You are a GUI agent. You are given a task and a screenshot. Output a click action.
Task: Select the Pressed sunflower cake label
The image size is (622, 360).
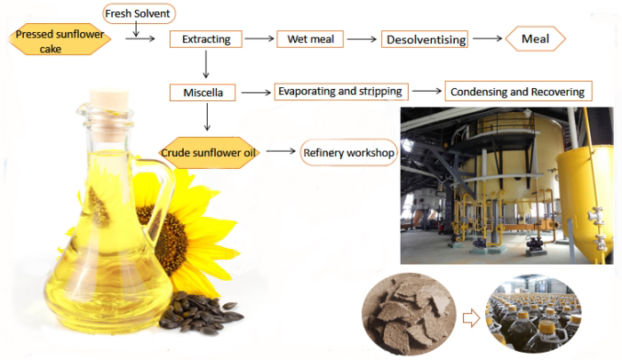tap(59, 40)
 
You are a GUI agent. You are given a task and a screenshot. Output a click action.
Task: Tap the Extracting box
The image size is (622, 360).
tap(205, 39)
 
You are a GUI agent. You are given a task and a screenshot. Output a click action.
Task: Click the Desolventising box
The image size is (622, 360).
tap(424, 39)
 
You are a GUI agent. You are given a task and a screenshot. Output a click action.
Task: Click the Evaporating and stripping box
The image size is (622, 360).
tap(340, 91)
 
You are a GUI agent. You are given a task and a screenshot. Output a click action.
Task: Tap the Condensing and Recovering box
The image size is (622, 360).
tap(518, 92)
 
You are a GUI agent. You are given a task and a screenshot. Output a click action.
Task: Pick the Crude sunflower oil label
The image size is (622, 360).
tap(208, 153)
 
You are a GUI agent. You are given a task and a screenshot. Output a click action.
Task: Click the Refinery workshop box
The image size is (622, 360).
tap(348, 153)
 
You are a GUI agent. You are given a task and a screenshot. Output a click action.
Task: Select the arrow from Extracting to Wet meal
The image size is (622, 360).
tap(259, 39)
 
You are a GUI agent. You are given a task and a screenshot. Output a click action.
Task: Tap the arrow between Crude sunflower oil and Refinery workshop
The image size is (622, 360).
tap(281, 152)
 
